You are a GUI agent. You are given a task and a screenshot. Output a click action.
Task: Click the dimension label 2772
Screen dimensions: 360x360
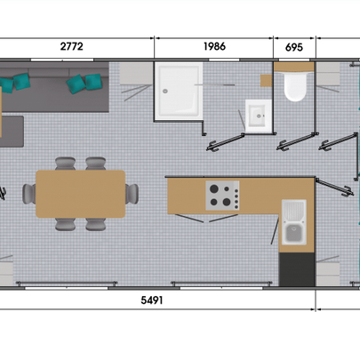pos(71,46)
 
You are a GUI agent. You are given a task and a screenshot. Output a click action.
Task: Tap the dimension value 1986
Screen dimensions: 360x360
pos(214,46)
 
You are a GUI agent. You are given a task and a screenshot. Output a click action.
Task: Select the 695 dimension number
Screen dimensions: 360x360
pos(294,47)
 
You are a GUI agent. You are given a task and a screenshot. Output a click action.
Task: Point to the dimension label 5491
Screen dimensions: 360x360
pos(152,300)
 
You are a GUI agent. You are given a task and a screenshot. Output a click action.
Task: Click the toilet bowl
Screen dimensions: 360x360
pos(295,86)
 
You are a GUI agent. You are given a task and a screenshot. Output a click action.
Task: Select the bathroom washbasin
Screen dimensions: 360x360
pos(258,116)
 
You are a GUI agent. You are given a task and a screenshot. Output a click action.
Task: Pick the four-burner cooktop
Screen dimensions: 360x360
pos(222,196)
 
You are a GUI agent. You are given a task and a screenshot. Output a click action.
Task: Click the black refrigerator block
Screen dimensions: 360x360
pos(297,269)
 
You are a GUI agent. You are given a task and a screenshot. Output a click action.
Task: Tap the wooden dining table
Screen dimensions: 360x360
pos(80,194)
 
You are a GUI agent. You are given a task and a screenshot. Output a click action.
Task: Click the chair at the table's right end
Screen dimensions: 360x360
pos(132,194)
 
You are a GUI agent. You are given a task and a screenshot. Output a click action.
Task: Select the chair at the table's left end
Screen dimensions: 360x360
pos(29,194)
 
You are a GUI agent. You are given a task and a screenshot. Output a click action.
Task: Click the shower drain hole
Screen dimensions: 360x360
pos(165,92)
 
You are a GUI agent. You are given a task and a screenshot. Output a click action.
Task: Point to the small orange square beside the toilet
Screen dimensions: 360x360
pos(266,81)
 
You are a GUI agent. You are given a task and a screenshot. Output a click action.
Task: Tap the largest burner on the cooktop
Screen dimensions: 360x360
pos(214,188)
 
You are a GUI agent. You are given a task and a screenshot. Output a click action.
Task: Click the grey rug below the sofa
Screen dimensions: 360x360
pos(12,132)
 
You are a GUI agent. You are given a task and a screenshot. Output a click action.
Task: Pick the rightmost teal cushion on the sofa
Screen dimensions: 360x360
pos(93,82)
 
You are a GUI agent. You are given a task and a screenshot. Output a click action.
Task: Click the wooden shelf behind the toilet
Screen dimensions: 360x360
pos(294,67)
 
